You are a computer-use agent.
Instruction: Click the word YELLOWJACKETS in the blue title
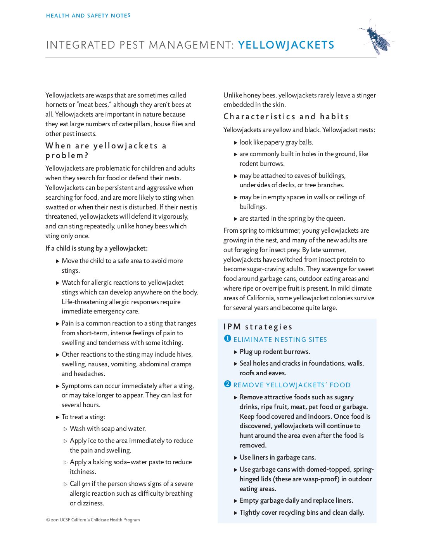[286, 45]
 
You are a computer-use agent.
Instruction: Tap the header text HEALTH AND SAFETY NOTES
[88, 16]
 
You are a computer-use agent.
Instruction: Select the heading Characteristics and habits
[286, 117]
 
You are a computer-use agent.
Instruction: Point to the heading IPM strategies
[258, 327]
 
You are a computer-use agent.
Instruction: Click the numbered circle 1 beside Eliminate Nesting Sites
[228, 339]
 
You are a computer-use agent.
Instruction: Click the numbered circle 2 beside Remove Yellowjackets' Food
[228, 384]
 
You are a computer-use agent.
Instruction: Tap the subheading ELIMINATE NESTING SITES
[280, 340]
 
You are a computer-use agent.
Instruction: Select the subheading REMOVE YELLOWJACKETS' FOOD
[292, 385]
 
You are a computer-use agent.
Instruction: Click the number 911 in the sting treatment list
[85, 484]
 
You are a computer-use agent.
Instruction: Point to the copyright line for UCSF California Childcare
[93, 520]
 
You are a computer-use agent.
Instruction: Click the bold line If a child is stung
[96, 248]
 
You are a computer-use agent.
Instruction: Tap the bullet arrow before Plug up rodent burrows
[235, 352]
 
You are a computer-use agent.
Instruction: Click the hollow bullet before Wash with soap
[66, 429]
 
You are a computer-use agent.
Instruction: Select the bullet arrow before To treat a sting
[57, 417]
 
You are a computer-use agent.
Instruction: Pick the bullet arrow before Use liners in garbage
[235, 458]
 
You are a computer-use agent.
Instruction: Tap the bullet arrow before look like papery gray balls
[235, 143]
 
